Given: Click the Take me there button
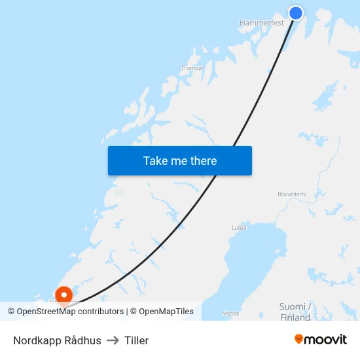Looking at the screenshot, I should [179, 160].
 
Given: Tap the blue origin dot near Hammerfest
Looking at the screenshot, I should [296, 12].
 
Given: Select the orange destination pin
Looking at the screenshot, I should [63, 296].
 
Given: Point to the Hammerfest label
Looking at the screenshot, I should [261, 22].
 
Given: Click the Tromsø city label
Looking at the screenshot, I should [191, 67].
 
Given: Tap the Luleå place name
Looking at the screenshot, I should [239, 228].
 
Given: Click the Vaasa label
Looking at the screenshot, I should [231, 314].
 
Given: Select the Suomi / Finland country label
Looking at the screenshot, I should [295, 312].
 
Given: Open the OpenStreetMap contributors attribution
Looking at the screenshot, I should [70, 312].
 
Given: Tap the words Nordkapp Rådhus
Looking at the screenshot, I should [57, 340].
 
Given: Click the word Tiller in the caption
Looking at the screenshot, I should [136, 340].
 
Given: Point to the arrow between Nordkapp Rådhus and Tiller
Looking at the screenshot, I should [113, 340].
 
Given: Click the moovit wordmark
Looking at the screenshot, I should [325, 339].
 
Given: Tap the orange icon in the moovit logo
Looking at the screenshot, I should [298, 339].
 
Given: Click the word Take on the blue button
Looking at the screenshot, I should [155, 160].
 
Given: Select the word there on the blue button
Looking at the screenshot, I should [203, 160].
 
